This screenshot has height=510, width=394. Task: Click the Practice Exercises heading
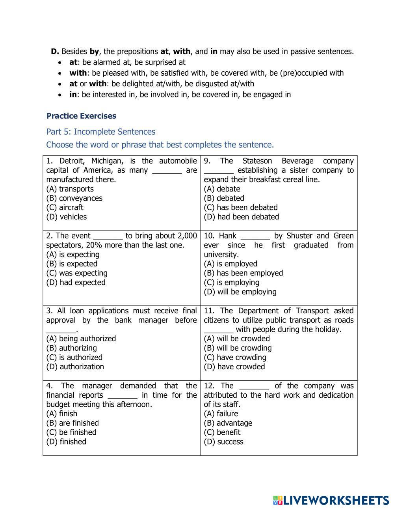(x=81, y=116)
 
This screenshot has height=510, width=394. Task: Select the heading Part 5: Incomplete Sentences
(x=101, y=132)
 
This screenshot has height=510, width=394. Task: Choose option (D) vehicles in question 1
(x=66, y=217)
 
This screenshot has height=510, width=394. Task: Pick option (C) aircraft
(x=65, y=207)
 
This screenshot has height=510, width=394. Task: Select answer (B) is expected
(x=72, y=264)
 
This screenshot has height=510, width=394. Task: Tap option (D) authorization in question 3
(x=75, y=367)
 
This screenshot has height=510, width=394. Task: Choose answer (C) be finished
(x=71, y=432)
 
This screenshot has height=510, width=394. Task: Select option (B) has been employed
(x=243, y=273)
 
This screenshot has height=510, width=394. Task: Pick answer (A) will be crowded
(x=237, y=339)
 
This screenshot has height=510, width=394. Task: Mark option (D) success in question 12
(x=223, y=441)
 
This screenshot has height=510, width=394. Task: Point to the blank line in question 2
(x=108, y=236)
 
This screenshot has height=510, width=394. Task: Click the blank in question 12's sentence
(x=254, y=386)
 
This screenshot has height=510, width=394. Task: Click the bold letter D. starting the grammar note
(x=55, y=51)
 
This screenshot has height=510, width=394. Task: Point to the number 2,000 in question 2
(x=187, y=236)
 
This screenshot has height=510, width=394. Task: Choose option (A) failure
(x=221, y=413)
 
